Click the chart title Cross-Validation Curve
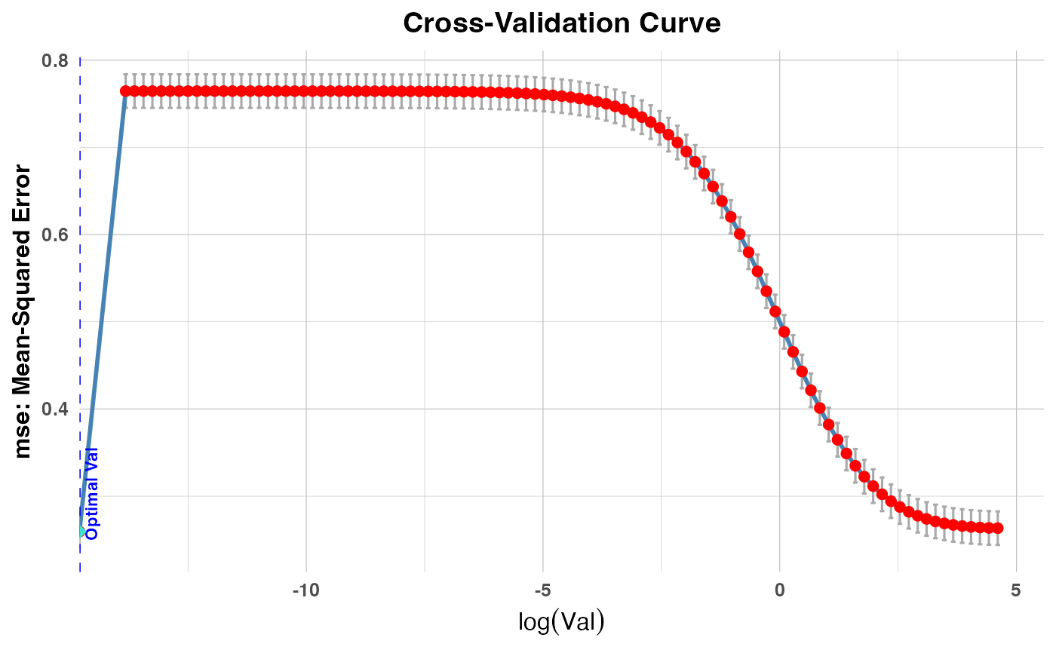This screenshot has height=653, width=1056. click(562, 23)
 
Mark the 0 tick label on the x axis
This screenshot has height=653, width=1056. click(779, 586)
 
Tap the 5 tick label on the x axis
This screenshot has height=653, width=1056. click(1016, 586)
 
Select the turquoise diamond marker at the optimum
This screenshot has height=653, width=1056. click(81, 532)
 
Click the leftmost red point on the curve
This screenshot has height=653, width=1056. click(126, 91)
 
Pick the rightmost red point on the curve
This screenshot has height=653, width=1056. click(997, 528)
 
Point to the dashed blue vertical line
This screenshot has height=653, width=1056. click(81, 302)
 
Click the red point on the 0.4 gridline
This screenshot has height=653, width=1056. click(820, 408)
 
